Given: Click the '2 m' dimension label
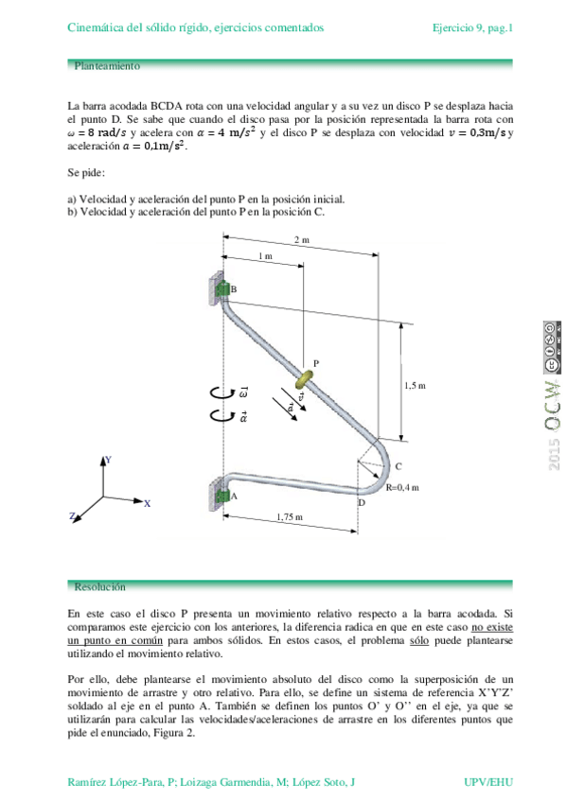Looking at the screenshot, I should [301, 240].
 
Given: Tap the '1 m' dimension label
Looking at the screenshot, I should [266, 256].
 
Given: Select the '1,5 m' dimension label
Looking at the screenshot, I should [415, 385].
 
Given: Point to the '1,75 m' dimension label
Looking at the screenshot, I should [290, 516].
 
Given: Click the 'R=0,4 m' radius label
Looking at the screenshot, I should [402, 487].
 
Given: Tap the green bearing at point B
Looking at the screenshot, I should [222, 289].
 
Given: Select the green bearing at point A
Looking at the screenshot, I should [222, 497].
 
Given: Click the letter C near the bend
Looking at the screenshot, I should [399, 466].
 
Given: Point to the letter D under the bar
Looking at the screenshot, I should [361, 502].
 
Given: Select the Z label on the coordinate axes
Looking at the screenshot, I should [72, 516].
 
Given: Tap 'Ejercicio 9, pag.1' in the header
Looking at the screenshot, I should [471, 28].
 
